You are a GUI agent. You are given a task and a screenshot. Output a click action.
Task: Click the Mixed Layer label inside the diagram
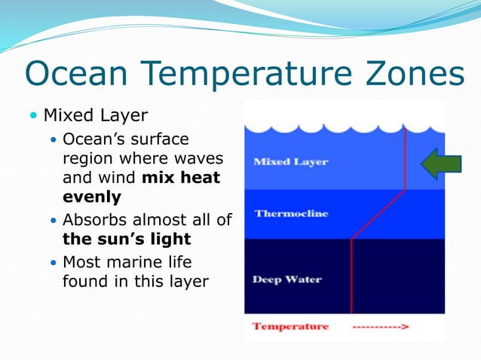(x=291, y=162)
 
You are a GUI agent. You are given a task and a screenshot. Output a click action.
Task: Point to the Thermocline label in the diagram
(x=291, y=214)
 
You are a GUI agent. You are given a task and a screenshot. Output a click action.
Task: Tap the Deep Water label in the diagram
(x=287, y=279)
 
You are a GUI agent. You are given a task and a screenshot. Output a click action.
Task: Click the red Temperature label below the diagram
(x=290, y=326)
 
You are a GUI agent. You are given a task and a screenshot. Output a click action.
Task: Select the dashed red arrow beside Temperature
(x=381, y=327)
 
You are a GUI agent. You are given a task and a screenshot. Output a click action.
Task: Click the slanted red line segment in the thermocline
(x=378, y=214)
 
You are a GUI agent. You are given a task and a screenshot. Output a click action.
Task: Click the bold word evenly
(x=91, y=196)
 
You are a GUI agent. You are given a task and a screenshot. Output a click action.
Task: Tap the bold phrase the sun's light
(x=126, y=239)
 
